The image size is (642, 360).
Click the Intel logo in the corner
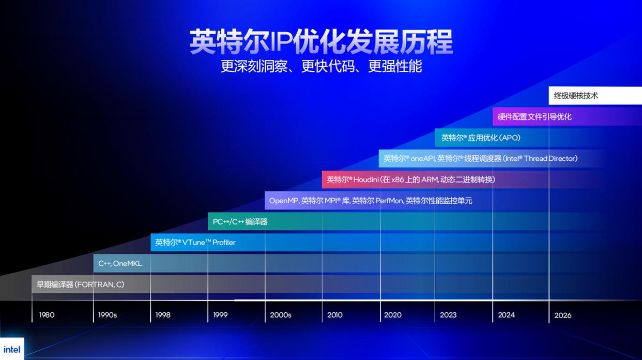(x=11, y=349)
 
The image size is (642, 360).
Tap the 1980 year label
(x=47, y=314)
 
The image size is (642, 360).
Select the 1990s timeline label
(x=108, y=314)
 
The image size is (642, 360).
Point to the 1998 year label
(x=163, y=314)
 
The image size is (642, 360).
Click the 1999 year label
(x=220, y=314)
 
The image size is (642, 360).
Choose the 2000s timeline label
(x=281, y=314)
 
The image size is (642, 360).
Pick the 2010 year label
(x=335, y=314)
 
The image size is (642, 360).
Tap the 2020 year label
(x=393, y=314)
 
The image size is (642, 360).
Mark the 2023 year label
(x=448, y=314)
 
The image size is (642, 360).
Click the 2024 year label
(x=507, y=314)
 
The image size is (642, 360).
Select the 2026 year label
(x=563, y=315)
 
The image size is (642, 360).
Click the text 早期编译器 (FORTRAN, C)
(x=81, y=284)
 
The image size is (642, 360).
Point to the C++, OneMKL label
(x=120, y=263)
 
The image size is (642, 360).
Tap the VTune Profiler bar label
(x=195, y=242)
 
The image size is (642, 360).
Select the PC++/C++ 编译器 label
(x=240, y=221)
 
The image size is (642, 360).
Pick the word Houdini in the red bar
(x=366, y=179)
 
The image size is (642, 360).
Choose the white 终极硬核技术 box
(x=594, y=96)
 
